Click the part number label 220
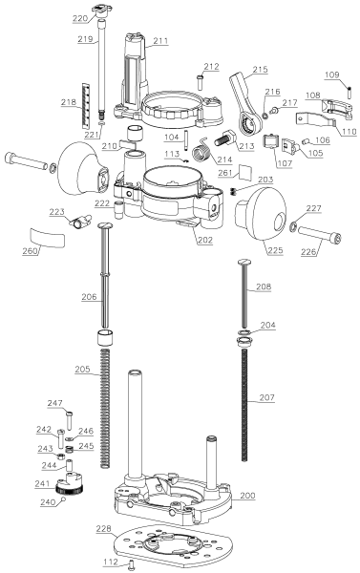pyautogui.click(x=80, y=18)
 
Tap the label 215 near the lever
pyautogui.click(x=262, y=70)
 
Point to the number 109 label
pyautogui.click(x=332, y=74)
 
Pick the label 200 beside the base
pyautogui.click(x=247, y=496)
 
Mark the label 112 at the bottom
pyautogui.click(x=110, y=562)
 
